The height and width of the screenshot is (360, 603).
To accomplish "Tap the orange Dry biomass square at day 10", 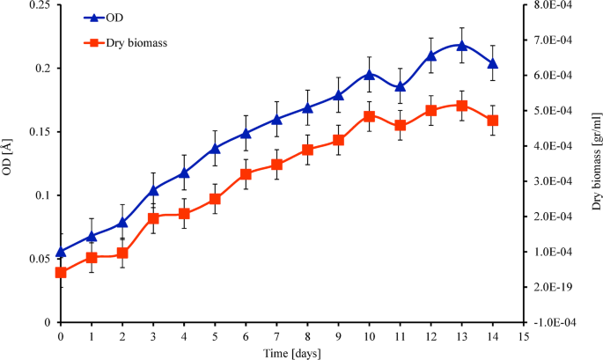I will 370,116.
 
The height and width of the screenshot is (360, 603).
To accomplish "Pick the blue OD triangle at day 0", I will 61,252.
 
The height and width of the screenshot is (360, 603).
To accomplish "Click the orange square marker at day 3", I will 153,218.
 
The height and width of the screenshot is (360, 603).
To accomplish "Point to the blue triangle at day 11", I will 401,86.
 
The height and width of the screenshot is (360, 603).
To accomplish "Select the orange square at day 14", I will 493,121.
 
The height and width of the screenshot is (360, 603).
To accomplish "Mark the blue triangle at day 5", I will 215,148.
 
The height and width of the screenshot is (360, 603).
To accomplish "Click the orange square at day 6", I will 246,174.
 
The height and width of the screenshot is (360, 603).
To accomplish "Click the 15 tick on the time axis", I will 523,336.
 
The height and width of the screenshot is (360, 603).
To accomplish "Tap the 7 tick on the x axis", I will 276,336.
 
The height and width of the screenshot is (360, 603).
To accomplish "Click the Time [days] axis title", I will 291,352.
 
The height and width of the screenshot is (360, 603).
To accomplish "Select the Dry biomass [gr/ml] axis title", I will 596,165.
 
